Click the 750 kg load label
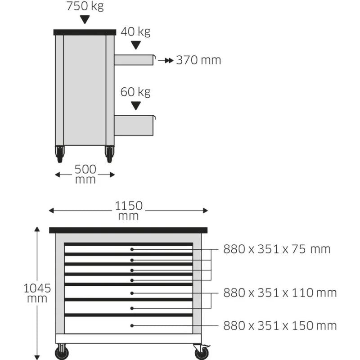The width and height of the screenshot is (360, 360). point(85,6)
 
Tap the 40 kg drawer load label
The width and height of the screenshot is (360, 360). point(136,31)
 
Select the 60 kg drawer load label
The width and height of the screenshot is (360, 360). point(135,92)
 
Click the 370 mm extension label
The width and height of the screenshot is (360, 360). point(198,60)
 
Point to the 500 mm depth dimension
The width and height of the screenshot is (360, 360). point(85,174)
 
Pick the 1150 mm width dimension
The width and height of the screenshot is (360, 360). point(128,211)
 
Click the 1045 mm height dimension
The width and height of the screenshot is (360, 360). point(37,293)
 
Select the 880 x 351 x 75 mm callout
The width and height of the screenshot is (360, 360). point(277,249)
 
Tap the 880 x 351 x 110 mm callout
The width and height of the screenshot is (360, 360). point(280,293)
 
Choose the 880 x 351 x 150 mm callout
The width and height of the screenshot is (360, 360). point(280,326)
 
